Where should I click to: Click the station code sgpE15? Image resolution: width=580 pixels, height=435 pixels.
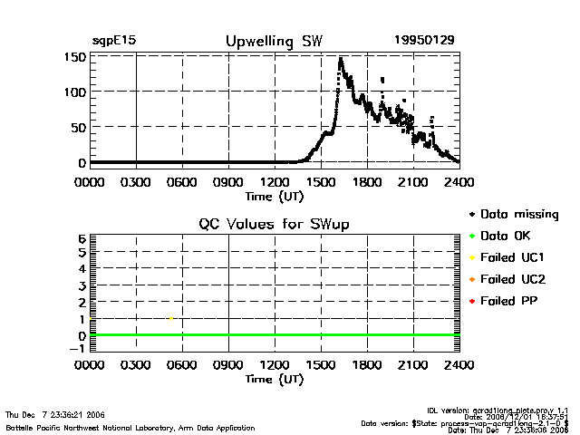tap(113, 41)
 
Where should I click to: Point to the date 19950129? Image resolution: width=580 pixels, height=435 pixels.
tap(424, 41)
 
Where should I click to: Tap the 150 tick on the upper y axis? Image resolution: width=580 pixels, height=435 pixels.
tap(75, 57)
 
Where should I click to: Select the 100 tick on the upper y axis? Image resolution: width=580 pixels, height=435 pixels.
tap(75, 92)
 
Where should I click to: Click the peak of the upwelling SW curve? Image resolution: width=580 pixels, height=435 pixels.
tap(340, 59)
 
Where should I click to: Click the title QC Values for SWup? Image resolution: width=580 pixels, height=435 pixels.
tap(274, 224)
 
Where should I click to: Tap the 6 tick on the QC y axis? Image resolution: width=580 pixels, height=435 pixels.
tap(82, 238)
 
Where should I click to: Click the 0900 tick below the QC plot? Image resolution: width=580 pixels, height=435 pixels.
tap(228, 366)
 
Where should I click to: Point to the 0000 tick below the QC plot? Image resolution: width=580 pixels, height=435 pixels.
tap(90, 366)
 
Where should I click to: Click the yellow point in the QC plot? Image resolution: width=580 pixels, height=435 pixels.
tap(171, 318)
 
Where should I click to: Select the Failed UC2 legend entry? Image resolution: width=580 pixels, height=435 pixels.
tap(514, 279)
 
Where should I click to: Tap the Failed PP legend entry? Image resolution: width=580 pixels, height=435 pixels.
tap(511, 301)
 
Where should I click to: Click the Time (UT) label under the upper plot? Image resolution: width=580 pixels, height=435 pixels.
tap(273, 195)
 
